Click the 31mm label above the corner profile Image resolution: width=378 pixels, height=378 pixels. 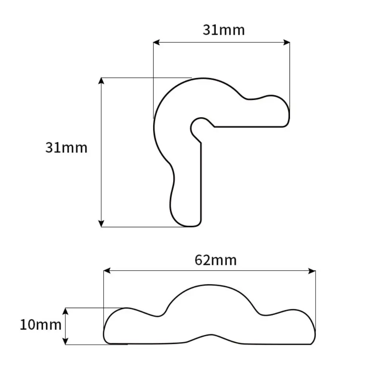[224, 30]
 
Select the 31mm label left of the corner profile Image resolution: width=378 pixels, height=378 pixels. [66, 147]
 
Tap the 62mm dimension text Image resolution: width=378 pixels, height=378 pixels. [216, 260]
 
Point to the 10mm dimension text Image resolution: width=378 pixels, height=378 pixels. [40, 325]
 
